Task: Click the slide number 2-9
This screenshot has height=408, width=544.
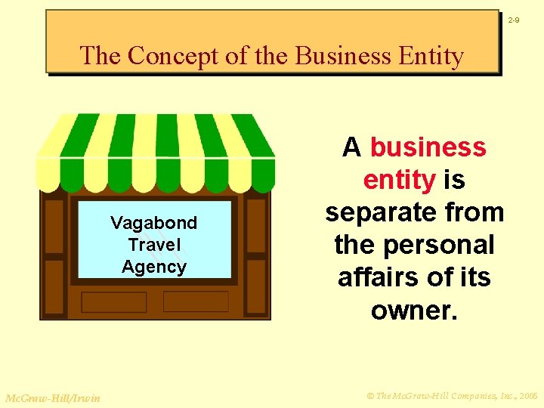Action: click(513, 20)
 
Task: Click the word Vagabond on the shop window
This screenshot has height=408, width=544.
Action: click(153, 223)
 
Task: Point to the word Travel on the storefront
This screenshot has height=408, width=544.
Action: click(154, 245)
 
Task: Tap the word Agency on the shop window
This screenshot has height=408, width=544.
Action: click(153, 267)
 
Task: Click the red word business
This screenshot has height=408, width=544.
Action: click(428, 147)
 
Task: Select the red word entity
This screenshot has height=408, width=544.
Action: click(399, 180)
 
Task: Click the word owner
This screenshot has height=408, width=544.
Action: click(414, 310)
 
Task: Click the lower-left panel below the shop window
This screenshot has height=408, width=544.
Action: click(113, 302)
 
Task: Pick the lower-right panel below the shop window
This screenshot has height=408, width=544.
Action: click(196, 301)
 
